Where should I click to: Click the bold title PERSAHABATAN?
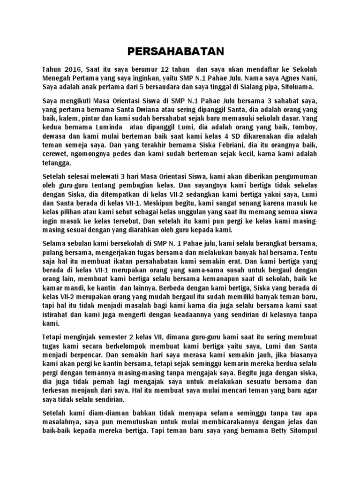click(180, 50)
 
